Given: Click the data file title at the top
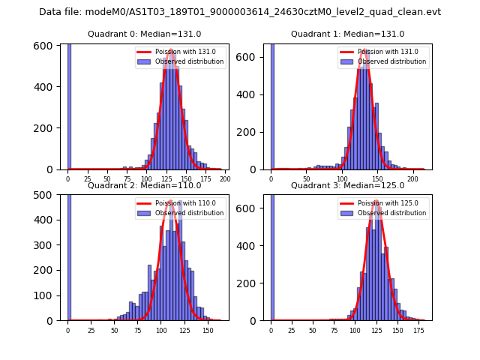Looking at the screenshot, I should (x=240, y=12).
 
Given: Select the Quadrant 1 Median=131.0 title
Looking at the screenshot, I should (x=347, y=34).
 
